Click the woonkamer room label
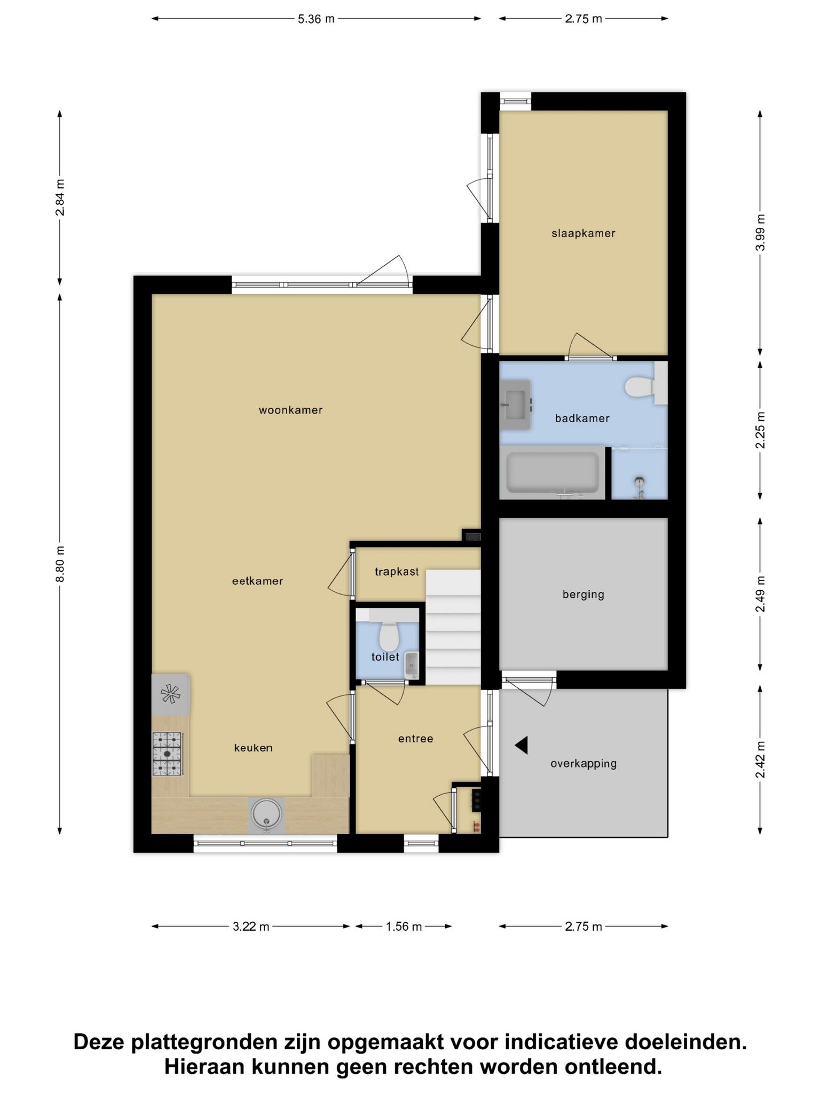(290, 410)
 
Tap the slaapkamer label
(584, 233)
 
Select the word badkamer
(582, 418)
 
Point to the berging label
(584, 594)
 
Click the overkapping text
(584, 764)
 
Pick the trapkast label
(397, 572)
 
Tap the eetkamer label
(257, 581)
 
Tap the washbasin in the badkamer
(515, 405)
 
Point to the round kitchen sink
(266, 815)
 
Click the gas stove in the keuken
(168, 754)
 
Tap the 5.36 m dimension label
(316, 19)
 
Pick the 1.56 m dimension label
(404, 926)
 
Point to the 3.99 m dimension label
(761, 232)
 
